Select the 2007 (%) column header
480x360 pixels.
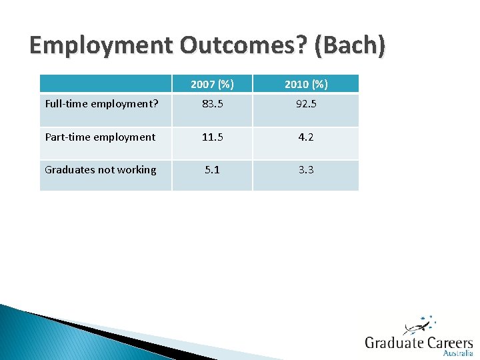coord(212,84)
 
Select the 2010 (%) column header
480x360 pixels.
coord(305,84)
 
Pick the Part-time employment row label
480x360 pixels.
coord(100,137)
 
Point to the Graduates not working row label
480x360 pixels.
coord(101,170)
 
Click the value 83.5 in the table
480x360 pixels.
coord(212,105)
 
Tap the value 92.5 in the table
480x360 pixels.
coord(305,105)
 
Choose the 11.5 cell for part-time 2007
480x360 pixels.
coord(212,137)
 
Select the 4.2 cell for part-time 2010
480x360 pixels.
coord(305,137)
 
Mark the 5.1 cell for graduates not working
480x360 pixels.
coord(212,170)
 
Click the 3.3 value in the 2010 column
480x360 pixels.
coord(305,170)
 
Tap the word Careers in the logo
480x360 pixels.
coord(447,343)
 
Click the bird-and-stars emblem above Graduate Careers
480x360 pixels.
coord(419,325)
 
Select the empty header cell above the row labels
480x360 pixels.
coord(106,84)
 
